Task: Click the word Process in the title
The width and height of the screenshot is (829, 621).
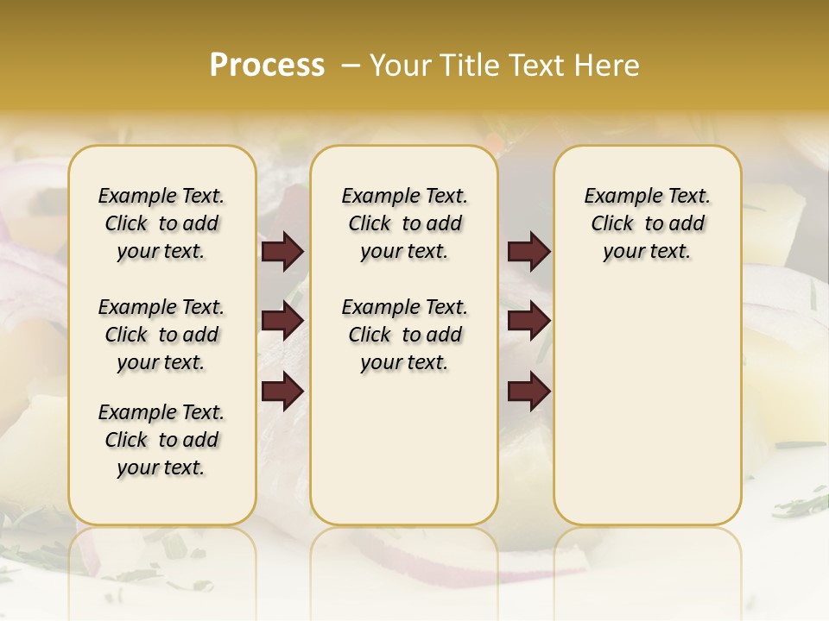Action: pyautogui.click(x=267, y=65)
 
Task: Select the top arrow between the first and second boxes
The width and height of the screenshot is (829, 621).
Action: pyautogui.click(x=282, y=251)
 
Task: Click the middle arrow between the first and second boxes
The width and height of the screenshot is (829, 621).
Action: pyautogui.click(x=282, y=321)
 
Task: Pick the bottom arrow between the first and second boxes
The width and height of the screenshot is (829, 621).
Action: pyautogui.click(x=282, y=391)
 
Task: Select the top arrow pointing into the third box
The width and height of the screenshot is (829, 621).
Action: pyautogui.click(x=528, y=251)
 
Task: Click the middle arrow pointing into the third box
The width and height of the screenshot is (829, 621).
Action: pyautogui.click(x=528, y=321)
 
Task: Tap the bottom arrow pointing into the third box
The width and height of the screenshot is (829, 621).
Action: pyautogui.click(x=528, y=391)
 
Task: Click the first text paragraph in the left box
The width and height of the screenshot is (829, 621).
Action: pyautogui.click(x=161, y=223)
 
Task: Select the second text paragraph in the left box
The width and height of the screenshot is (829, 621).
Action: pyautogui.click(x=161, y=335)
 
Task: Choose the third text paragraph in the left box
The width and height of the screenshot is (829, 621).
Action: pyautogui.click(x=161, y=440)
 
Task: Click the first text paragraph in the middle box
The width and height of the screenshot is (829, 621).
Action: pyautogui.click(x=404, y=223)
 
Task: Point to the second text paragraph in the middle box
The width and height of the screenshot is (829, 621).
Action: pyautogui.click(x=404, y=335)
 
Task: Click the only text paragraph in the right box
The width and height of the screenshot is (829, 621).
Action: pyautogui.click(x=647, y=223)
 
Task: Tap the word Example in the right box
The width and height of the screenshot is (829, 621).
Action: pyautogui.click(x=617, y=197)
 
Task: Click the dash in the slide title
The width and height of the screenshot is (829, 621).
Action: pyautogui.click(x=351, y=66)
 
